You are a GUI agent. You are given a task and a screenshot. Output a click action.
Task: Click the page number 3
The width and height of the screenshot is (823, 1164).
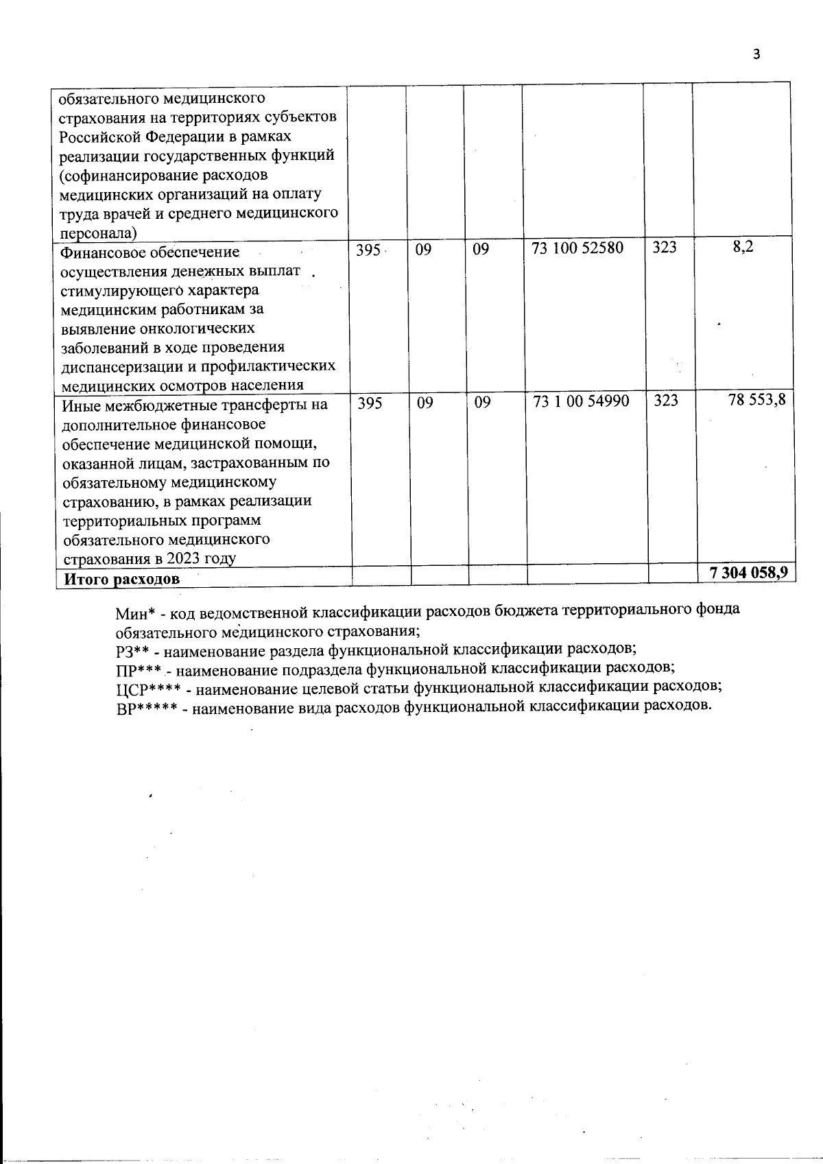pyautogui.click(x=756, y=55)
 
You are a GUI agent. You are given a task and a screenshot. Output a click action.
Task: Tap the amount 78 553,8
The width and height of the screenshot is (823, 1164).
pyautogui.click(x=756, y=400)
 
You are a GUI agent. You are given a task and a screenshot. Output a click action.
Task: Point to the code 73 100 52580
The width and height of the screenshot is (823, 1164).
pyautogui.click(x=577, y=248)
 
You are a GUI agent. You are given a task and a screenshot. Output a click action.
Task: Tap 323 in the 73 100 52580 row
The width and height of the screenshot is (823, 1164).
pyautogui.click(x=664, y=248)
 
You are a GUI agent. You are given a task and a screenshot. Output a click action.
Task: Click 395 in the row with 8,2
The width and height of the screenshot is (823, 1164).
pyautogui.click(x=368, y=250)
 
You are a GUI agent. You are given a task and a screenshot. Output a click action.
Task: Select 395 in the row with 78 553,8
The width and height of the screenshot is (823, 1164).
pyautogui.click(x=370, y=403)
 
